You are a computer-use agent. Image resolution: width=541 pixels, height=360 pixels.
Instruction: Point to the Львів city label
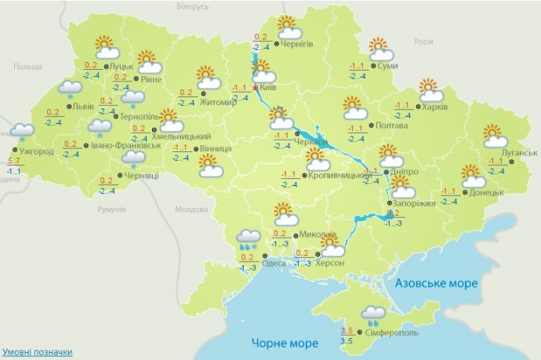tap(82, 107)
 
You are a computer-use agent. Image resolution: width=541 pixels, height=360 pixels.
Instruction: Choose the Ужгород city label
tap(37, 151)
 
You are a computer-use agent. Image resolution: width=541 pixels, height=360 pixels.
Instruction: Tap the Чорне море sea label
tap(285, 344)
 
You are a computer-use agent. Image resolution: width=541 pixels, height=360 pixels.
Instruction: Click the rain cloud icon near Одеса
tap(249, 237)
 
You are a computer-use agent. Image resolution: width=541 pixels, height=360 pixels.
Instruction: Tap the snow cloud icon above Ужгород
tap(22, 133)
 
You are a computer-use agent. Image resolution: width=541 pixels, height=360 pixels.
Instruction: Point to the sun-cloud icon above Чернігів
tap(289, 27)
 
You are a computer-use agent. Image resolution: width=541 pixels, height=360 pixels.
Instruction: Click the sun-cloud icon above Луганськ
tap(494, 136)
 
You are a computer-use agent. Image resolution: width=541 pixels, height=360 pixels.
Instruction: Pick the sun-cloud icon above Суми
tap(381, 49)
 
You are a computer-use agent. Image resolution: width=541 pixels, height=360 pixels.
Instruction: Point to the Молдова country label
tap(191, 209)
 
